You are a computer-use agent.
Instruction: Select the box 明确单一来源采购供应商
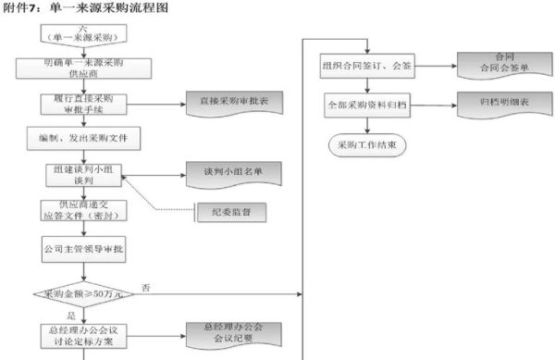83,68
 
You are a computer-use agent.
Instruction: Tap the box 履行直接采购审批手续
83,103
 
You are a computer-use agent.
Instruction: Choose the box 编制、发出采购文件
83,139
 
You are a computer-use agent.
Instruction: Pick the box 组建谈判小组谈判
83,175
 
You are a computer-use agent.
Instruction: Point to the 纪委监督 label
232,213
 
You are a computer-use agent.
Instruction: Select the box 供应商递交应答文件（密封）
83,211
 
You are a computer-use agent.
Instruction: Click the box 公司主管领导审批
83,249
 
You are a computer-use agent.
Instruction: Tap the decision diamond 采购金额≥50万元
83,293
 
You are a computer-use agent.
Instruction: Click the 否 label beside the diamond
146,288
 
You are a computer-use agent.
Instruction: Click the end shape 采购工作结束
367,145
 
